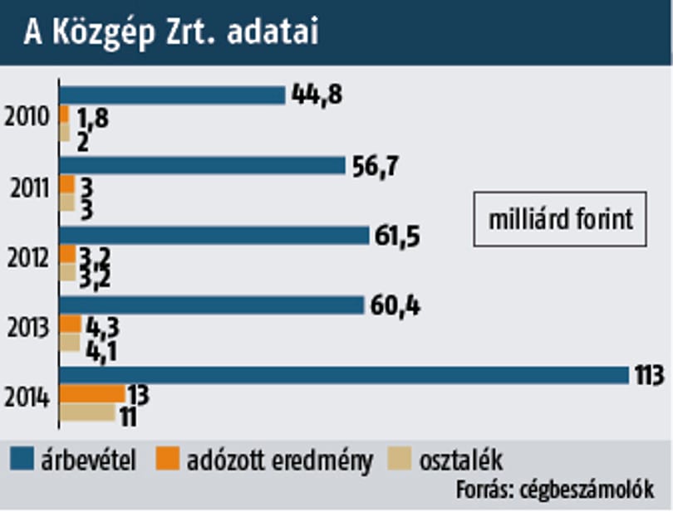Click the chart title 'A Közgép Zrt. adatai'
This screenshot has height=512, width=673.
[172, 32]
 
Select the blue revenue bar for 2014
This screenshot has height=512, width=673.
[344, 375]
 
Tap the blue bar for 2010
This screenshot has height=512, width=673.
[172, 95]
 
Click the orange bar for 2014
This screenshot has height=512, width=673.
[92, 394]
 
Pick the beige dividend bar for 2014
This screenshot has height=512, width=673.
[87, 412]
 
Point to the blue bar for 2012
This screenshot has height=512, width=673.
[214, 236]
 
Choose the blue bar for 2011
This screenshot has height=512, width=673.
[202, 165]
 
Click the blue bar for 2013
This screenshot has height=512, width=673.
[212, 305]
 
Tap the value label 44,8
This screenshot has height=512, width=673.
[317, 95]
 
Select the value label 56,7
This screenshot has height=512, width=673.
[376, 166]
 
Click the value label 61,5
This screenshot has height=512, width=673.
[397, 236]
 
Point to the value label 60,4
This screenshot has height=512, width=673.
[395, 306]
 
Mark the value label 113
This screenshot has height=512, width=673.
[650, 375]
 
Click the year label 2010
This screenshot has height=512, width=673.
[27, 116]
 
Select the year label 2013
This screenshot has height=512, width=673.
[28, 328]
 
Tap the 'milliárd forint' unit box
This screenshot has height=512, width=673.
[560, 219]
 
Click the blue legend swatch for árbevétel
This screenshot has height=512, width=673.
[22, 459]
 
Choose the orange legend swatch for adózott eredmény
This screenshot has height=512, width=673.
[167, 459]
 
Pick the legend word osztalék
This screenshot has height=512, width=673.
[461, 461]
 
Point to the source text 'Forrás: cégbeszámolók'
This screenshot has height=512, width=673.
[555, 490]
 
